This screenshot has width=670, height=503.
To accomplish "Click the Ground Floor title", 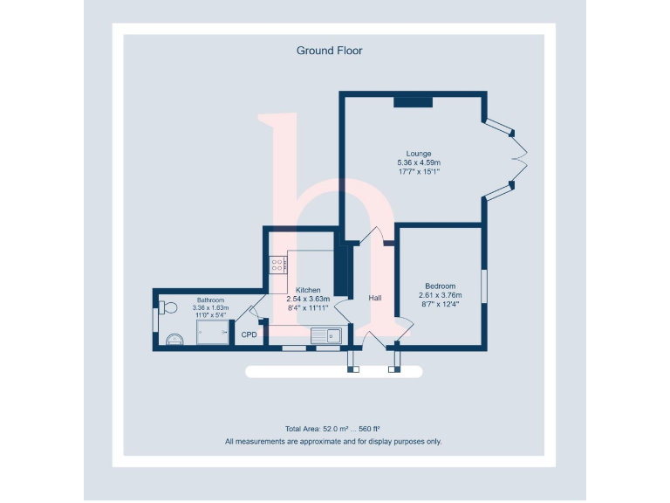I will pyautogui.click(x=329, y=51).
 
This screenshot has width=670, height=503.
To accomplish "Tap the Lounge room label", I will pyautogui.click(x=419, y=154).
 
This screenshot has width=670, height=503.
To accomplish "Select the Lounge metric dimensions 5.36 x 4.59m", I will pyautogui.click(x=419, y=162).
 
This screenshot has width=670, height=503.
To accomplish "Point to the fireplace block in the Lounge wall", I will pyautogui.click(x=413, y=101).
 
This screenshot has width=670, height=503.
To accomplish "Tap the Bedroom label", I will pyautogui.click(x=440, y=286).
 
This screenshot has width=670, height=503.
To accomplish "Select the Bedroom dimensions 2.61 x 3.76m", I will pyautogui.click(x=440, y=295).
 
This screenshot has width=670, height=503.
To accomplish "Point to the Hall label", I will pyautogui.click(x=375, y=298).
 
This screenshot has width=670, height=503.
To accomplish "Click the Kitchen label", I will pyautogui.click(x=308, y=290).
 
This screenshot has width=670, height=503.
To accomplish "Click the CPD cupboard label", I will pyautogui.click(x=250, y=334).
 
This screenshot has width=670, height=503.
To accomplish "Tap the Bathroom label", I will pyautogui.click(x=210, y=300).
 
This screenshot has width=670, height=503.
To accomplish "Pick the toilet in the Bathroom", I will pyautogui.click(x=167, y=307).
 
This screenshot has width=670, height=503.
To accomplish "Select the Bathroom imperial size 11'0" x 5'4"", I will pyautogui.click(x=210, y=315).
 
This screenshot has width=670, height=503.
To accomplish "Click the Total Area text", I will pyautogui.click(x=332, y=429).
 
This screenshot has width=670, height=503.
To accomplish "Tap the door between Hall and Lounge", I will pyautogui.click(x=373, y=236).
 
